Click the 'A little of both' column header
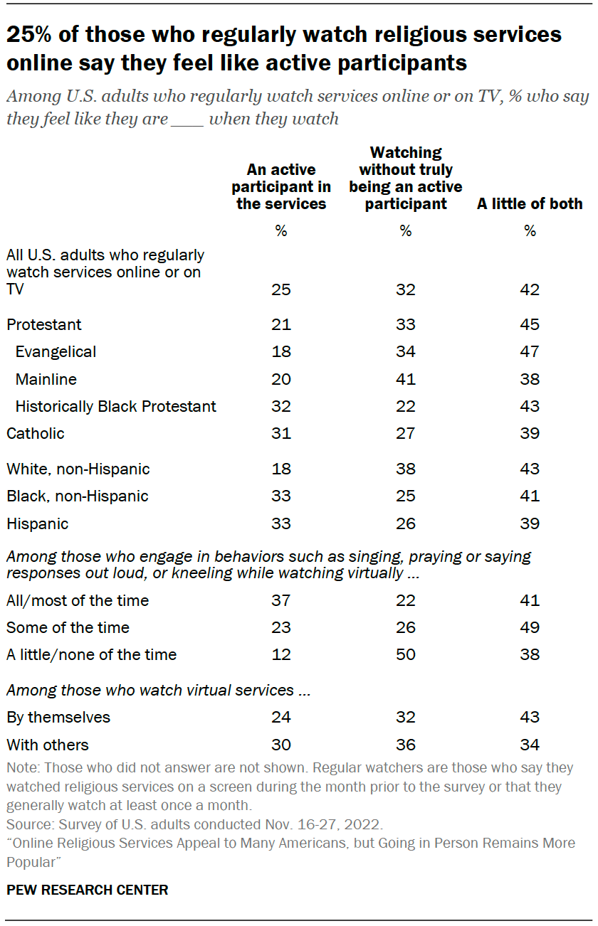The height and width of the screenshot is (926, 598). [x=530, y=204]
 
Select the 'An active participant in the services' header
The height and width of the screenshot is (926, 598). [x=281, y=186]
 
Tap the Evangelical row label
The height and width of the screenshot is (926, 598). [x=56, y=352]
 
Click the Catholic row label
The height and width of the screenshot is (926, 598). [x=36, y=433]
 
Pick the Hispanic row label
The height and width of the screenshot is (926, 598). [x=38, y=524]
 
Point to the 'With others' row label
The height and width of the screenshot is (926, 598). [x=48, y=745]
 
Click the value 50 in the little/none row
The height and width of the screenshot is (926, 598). [x=405, y=655]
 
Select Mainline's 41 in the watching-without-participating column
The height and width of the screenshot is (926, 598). [x=405, y=379]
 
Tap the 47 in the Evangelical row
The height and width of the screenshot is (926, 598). [x=530, y=352]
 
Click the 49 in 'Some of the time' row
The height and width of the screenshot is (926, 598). [x=530, y=628]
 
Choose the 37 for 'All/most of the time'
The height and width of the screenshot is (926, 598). [x=281, y=601]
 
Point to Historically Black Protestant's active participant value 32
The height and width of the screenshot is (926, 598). [x=281, y=407]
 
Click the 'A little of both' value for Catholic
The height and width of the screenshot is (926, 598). [x=530, y=433]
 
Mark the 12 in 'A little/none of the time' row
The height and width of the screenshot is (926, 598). [x=281, y=655]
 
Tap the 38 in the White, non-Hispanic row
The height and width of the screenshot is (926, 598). [x=405, y=469]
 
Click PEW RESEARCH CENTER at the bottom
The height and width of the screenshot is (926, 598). [x=88, y=890]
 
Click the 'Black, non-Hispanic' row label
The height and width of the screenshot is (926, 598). [x=78, y=496]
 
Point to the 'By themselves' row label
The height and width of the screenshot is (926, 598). [x=58, y=718]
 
